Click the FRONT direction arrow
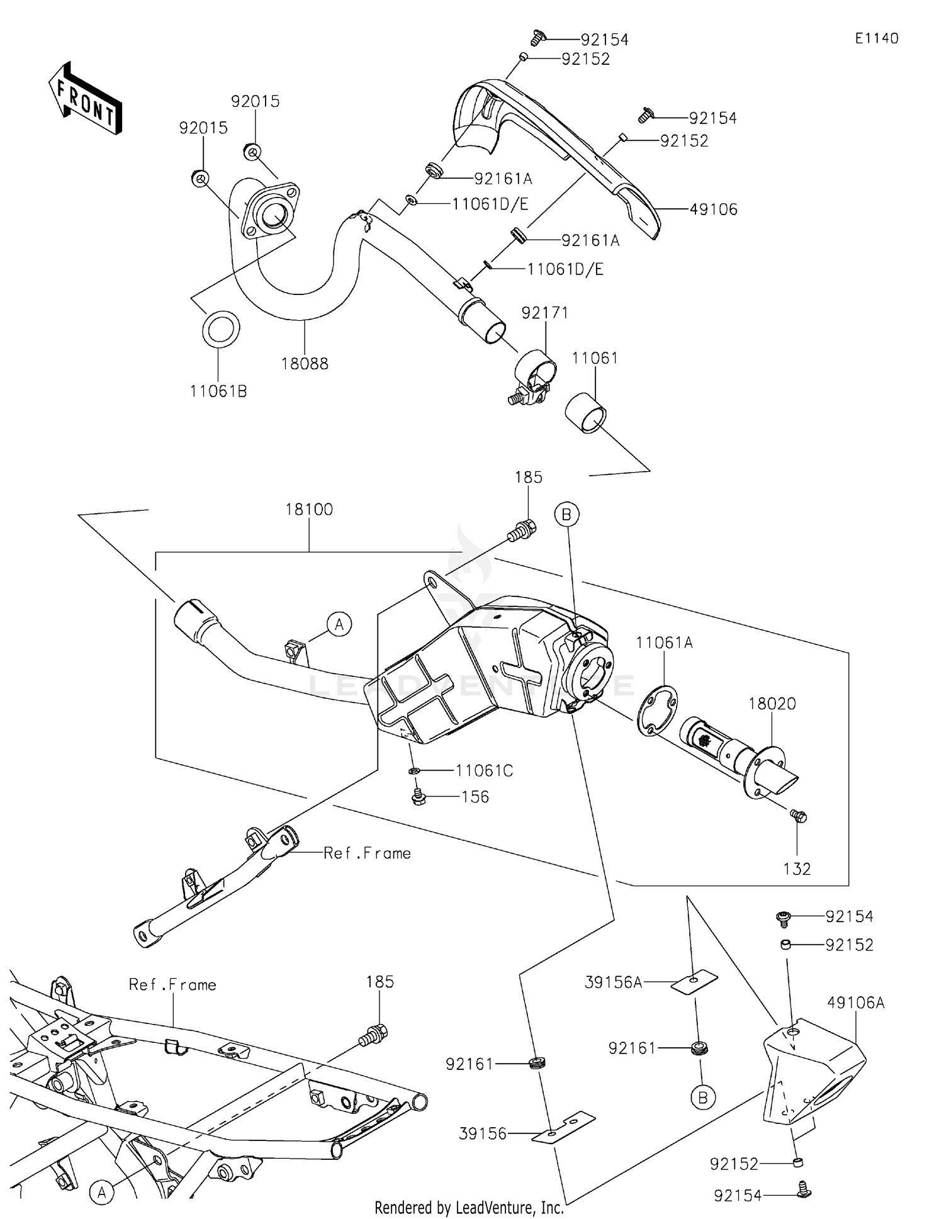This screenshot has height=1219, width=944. pyautogui.click(x=85, y=97)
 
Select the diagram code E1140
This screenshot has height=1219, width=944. pyautogui.click(x=877, y=38)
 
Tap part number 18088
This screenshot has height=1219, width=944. pyautogui.click(x=305, y=364)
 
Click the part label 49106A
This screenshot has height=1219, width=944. pyautogui.click(x=856, y=1003)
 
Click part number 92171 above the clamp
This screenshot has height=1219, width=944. pyautogui.click(x=545, y=313)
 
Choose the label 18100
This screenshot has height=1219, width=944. pyautogui.click(x=309, y=509)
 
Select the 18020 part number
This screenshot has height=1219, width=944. pyautogui.click(x=772, y=703)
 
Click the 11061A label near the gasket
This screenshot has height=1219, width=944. pyautogui.click(x=664, y=642)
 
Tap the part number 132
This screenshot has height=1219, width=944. pyautogui.click(x=797, y=869)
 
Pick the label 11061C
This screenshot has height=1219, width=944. pyautogui.click(x=485, y=771)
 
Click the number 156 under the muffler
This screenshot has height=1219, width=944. pyautogui.click(x=475, y=797)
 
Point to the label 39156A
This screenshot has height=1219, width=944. pyautogui.click(x=614, y=982)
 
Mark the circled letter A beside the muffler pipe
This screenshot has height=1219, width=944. pyautogui.click(x=339, y=625)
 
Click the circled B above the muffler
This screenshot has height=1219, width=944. pyautogui.click(x=566, y=515)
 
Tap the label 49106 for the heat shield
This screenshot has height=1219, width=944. pyautogui.click(x=714, y=209)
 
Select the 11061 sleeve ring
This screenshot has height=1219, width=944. pyautogui.click(x=585, y=413)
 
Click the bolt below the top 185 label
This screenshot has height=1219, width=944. pyautogui.click(x=522, y=530)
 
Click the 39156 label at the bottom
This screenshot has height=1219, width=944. pyautogui.click(x=483, y=1133)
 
